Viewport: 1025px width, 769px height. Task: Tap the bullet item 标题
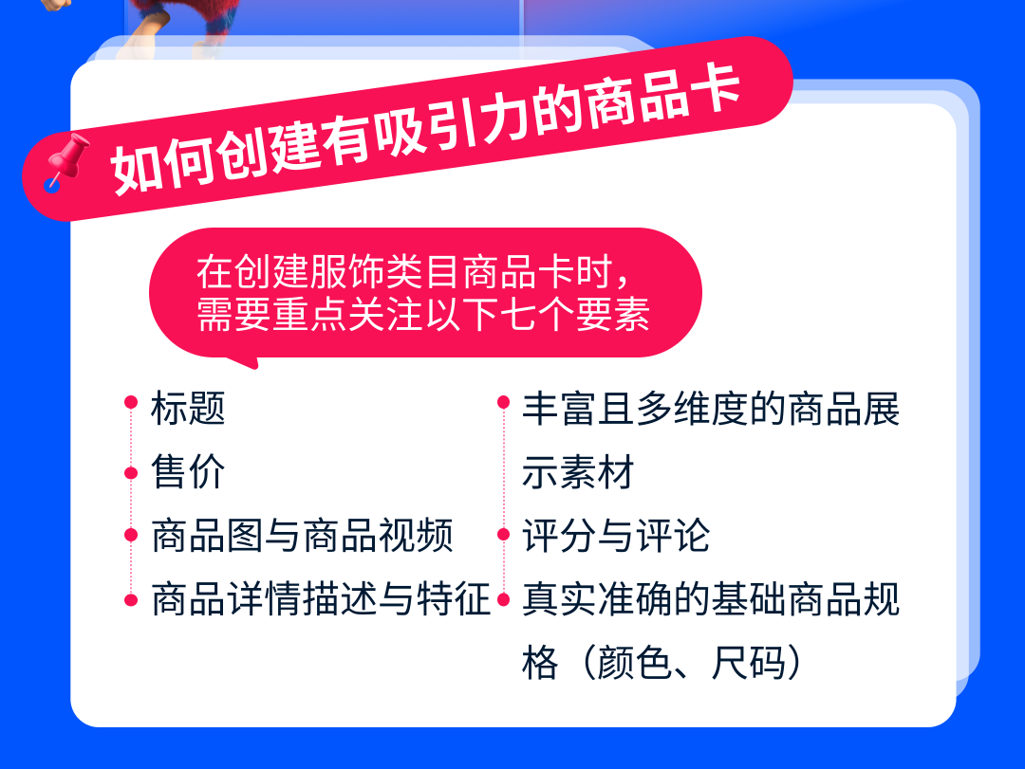(188, 409)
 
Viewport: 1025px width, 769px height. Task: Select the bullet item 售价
(188, 471)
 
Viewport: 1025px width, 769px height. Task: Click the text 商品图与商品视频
(302, 536)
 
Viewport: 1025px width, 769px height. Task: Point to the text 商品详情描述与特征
(321, 599)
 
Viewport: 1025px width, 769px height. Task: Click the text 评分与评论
(616, 536)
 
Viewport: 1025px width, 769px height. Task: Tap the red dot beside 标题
(131, 402)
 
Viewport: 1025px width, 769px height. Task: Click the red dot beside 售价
(131, 472)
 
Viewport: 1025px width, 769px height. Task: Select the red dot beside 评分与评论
(503, 535)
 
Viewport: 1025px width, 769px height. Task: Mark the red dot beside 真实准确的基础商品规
(503, 599)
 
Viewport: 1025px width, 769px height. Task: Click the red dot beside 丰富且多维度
(503, 402)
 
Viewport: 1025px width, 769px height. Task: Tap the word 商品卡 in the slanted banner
(662, 100)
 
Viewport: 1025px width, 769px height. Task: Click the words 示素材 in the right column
(578, 471)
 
